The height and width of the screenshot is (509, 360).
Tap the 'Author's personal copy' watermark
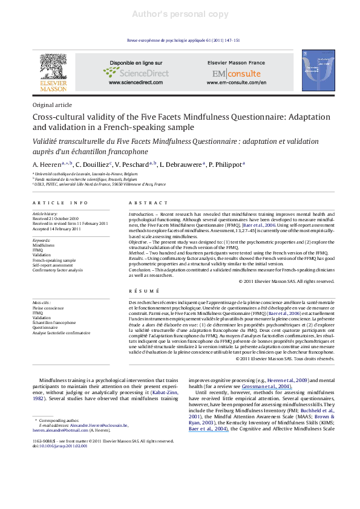click(x=180, y=13)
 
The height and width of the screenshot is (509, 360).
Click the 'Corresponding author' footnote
click(x=65, y=418)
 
